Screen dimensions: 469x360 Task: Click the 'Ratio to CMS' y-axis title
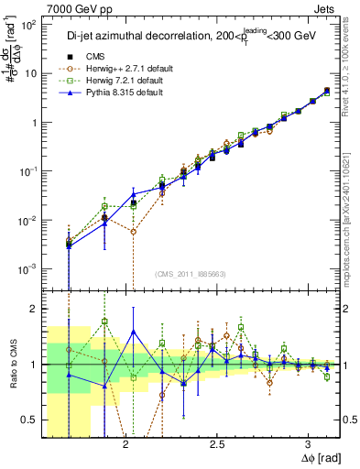(12, 365)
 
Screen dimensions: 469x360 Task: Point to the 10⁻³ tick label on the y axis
(29, 268)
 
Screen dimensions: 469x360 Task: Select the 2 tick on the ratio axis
(35, 309)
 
